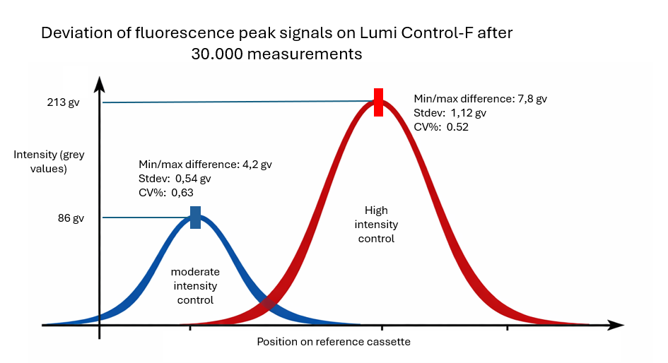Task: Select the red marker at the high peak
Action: click(x=378, y=102)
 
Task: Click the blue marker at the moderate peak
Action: click(x=196, y=217)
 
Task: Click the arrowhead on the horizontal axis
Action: click(x=616, y=326)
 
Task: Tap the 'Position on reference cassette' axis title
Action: click(x=334, y=342)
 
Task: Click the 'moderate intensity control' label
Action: click(x=196, y=286)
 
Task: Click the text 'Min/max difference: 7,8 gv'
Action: click(x=481, y=99)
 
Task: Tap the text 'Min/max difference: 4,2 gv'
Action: click(x=205, y=165)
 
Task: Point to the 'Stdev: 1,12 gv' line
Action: click(x=450, y=113)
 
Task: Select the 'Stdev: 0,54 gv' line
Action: click(x=175, y=179)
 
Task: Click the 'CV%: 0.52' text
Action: click(x=442, y=127)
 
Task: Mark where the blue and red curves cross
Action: click(x=267, y=304)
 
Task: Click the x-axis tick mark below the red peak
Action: click(x=382, y=328)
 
